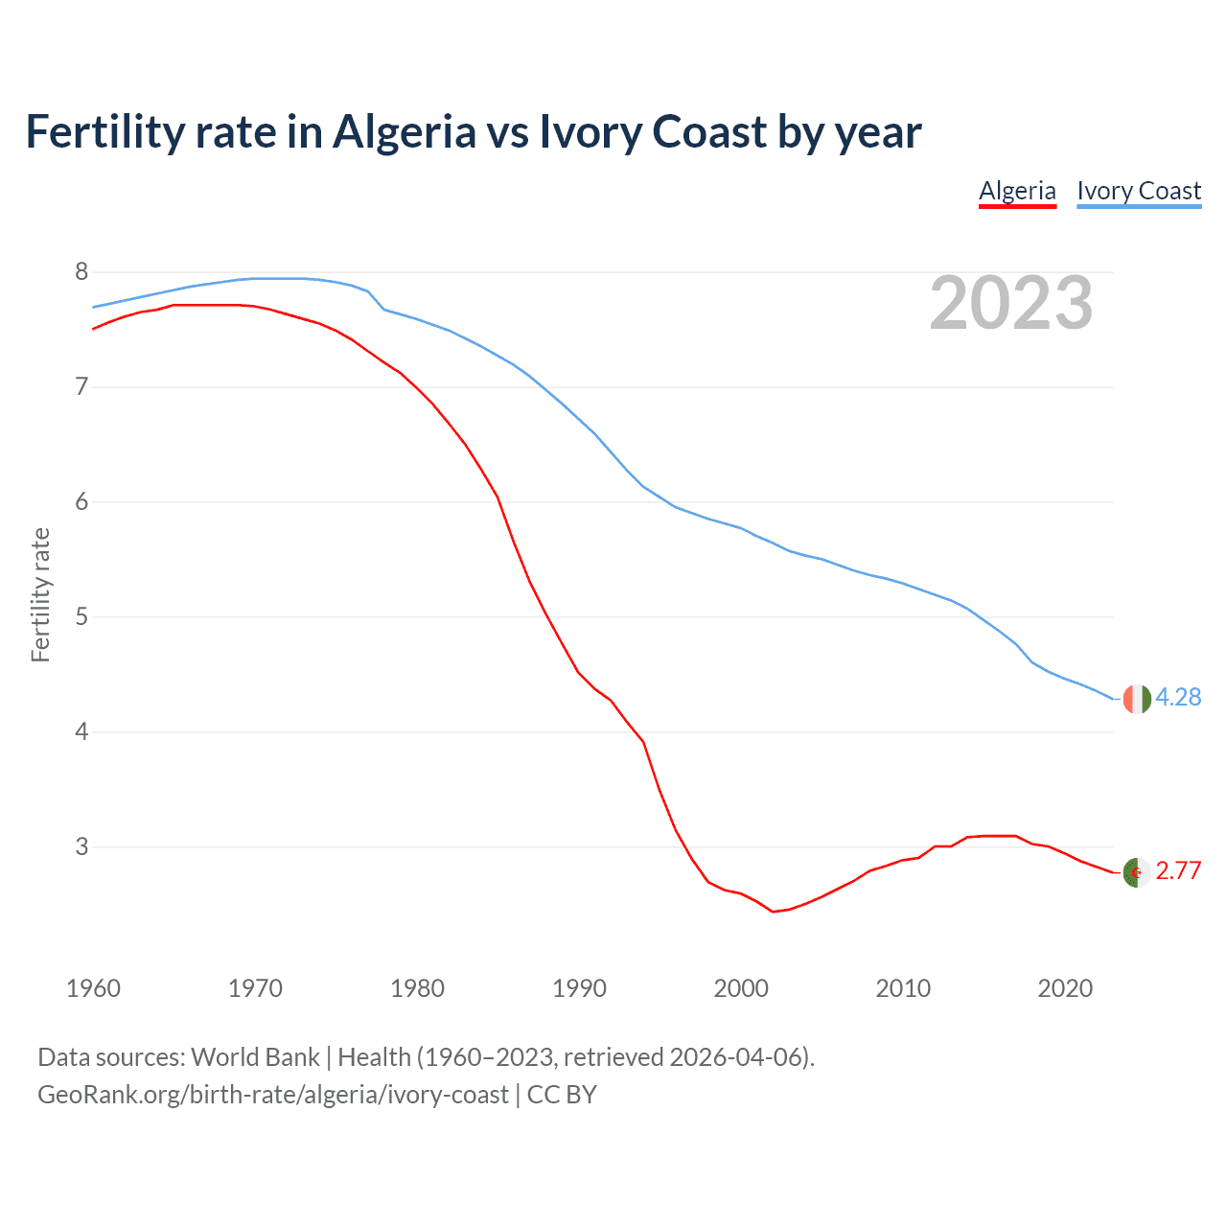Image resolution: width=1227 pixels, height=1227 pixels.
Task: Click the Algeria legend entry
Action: click(1017, 191)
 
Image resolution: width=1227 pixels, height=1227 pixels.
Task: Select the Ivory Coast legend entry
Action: click(1139, 191)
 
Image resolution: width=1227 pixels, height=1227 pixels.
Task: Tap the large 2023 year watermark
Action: click(1011, 303)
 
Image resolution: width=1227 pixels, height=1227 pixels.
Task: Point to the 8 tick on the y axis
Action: click(81, 272)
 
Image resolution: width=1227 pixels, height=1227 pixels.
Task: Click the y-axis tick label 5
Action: click(81, 616)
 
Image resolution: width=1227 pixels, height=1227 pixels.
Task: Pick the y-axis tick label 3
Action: click(81, 846)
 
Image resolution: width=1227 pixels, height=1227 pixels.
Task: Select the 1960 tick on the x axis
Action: click(93, 988)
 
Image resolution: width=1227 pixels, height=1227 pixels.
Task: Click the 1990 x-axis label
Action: click(579, 988)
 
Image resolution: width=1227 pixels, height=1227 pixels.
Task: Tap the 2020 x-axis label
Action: click(1065, 988)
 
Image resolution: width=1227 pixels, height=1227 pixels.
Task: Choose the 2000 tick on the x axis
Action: click(741, 988)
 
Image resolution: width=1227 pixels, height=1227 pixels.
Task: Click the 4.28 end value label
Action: click(1178, 698)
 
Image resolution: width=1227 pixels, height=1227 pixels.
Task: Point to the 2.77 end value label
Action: click(1178, 870)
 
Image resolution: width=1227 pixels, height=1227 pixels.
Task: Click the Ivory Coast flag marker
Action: click(1136, 699)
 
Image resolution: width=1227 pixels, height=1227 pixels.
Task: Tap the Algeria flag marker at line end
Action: click(1136, 872)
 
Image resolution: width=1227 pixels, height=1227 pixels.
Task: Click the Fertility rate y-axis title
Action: click(40, 594)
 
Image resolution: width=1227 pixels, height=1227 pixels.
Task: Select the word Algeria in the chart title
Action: click(404, 131)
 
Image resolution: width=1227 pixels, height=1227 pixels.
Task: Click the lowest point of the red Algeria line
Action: click(773, 911)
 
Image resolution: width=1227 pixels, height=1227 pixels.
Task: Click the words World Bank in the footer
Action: click(255, 1057)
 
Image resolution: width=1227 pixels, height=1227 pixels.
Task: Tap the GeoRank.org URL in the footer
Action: click(273, 1095)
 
